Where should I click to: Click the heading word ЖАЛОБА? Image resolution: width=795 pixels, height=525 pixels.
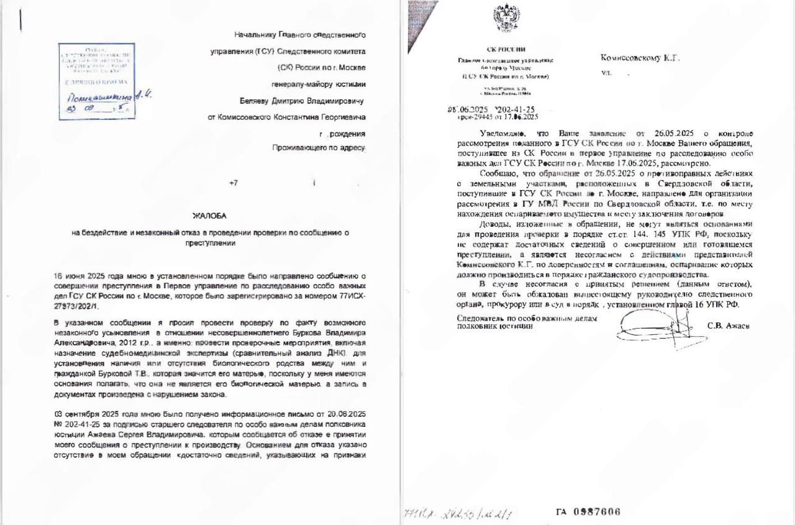tap(209, 216)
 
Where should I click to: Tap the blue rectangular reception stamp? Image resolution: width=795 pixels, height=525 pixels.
tap(96, 81)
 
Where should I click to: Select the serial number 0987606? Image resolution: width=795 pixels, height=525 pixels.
tap(588, 512)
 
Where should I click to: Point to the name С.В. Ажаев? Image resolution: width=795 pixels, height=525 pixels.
tap(728, 326)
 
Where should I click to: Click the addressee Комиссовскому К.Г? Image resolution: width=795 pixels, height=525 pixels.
tap(640, 58)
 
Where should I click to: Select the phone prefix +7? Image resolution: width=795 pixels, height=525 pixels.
tap(234, 183)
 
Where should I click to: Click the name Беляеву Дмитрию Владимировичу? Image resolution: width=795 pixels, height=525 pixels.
tap(302, 100)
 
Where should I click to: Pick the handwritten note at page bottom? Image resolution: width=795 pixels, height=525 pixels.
tap(459, 513)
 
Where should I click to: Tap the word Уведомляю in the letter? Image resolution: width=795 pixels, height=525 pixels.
tap(502, 134)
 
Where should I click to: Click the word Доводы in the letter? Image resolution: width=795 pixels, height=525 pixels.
tap(495, 224)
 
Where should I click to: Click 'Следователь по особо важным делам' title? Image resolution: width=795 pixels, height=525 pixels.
tap(527, 318)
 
